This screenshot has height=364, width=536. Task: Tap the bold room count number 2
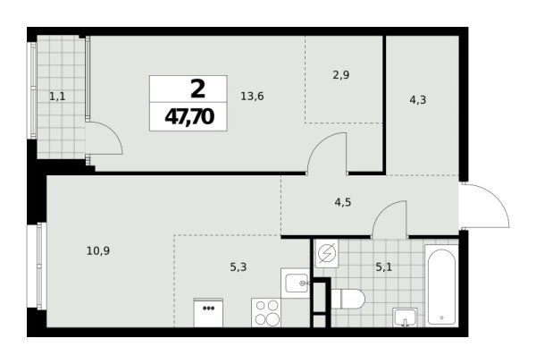pyautogui.click(x=195, y=88)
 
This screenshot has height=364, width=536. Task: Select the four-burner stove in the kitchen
pyautogui.click(x=268, y=313)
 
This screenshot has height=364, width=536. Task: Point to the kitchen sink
pyautogui.click(x=295, y=283)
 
